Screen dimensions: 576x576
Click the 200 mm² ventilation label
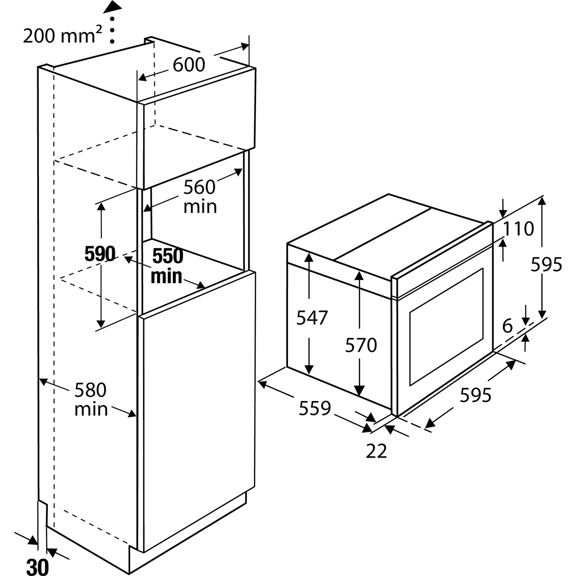[x=62, y=35]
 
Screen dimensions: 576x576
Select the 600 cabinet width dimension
[x=189, y=65]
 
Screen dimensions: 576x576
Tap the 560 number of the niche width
[x=199, y=187]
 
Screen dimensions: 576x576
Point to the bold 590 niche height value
[x=100, y=254]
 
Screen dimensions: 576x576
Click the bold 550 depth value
[x=167, y=256]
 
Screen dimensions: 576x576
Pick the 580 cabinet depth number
[x=90, y=390]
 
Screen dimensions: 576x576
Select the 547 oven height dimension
[x=312, y=317]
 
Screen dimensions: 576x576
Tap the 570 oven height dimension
[x=361, y=345]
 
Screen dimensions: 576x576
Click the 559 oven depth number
[x=315, y=408]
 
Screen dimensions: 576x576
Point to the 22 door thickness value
[x=376, y=451]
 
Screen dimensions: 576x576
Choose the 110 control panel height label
[x=518, y=229]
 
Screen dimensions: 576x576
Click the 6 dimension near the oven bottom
[x=508, y=326]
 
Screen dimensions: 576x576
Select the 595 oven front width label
[x=475, y=395]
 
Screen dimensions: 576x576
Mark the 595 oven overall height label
[x=546, y=265]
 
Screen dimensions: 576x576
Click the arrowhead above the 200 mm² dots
[x=113, y=8]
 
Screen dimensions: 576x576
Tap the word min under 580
[x=91, y=409]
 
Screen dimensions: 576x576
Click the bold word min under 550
[x=167, y=276]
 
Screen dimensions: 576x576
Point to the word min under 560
[x=200, y=206]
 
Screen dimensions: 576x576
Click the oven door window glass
[x=446, y=327]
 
